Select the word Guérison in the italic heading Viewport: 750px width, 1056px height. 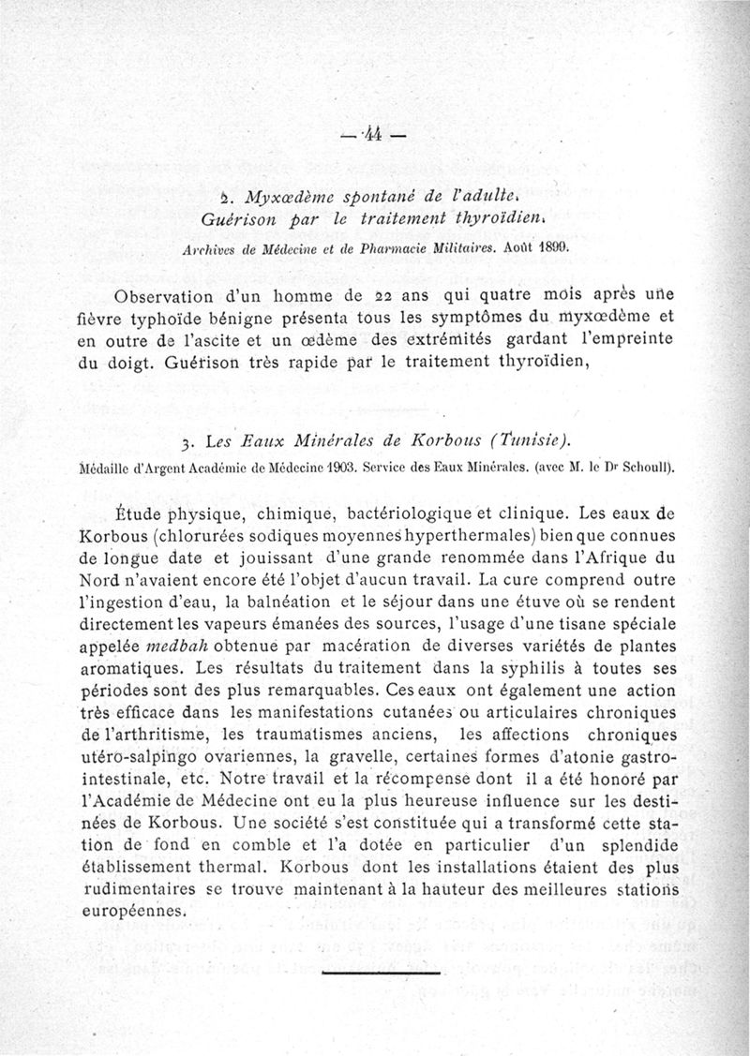[x=236, y=221]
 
